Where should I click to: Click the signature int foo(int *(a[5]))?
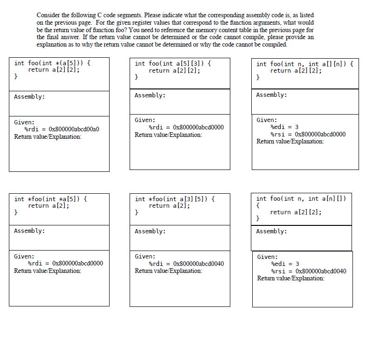click(x=52, y=63)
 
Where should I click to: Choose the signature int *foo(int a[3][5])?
click(x=175, y=199)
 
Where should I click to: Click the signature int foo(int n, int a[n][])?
click(x=301, y=198)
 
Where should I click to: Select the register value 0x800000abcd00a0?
click(x=74, y=129)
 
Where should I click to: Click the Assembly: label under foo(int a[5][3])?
click(x=150, y=95)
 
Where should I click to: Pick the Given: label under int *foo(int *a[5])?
click(x=24, y=256)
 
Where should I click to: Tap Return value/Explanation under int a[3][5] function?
click(x=168, y=271)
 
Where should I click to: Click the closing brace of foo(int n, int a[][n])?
click(x=259, y=77)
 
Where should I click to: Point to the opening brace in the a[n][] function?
click(x=258, y=205)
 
